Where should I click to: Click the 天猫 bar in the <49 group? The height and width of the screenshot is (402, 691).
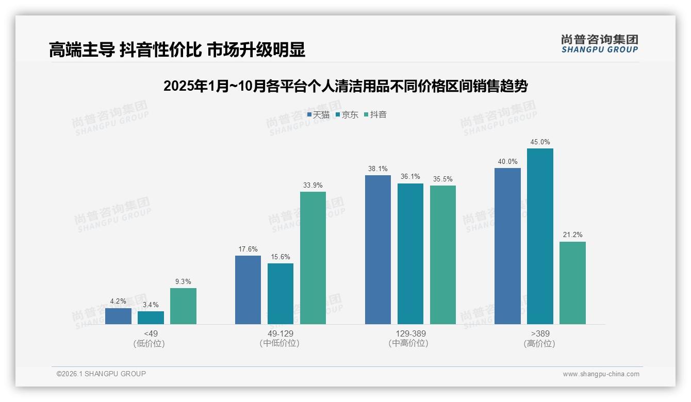point(118,316)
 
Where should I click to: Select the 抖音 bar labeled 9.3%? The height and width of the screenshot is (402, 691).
point(183,306)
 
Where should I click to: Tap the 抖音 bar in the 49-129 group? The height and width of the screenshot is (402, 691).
point(313,258)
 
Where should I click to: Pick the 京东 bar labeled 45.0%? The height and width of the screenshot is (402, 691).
point(540,236)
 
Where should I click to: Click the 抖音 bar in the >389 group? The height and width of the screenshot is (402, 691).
point(572,283)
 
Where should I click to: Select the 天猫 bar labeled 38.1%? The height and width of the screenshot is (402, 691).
point(378,249)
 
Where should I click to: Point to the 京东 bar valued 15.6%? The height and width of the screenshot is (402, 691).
point(281,294)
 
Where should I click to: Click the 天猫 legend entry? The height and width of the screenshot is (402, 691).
point(318,114)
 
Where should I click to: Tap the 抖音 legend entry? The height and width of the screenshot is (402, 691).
point(375,114)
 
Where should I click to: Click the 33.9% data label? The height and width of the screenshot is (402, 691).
point(313,186)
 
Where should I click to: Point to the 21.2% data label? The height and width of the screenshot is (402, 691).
point(572,235)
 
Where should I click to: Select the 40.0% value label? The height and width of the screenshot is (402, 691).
point(507,162)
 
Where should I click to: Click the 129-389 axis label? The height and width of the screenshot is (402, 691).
point(410,333)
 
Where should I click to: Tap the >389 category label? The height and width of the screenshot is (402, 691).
point(540,333)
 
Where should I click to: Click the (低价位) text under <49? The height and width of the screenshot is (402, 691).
point(150,343)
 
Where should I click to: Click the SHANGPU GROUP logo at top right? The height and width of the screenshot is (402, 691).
point(599,44)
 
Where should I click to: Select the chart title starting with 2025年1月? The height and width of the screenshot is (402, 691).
point(345,86)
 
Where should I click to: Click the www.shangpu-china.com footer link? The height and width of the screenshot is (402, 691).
point(601,374)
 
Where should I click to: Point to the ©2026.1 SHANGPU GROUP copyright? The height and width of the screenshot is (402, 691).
point(101,374)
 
